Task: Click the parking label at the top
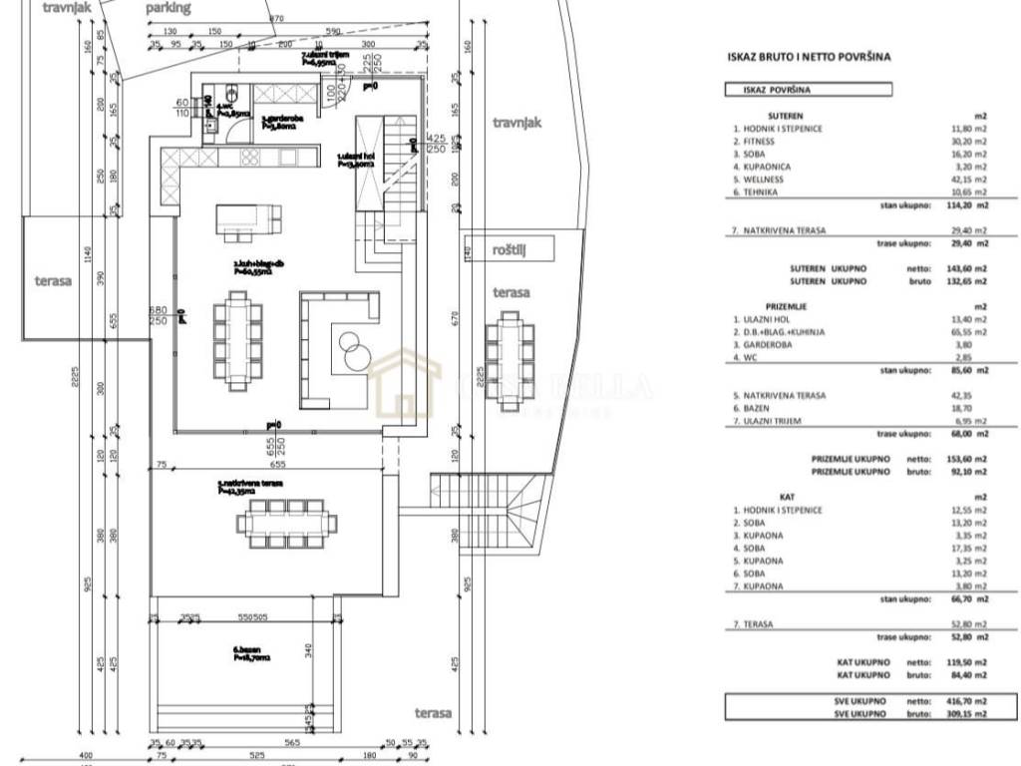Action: coord(168,8)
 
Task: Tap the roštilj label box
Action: coord(508,248)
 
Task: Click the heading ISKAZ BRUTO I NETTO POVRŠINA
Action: coord(809,58)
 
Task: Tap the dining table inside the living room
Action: coord(237,339)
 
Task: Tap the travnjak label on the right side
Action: coord(515,123)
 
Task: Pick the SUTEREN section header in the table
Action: coord(785,116)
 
